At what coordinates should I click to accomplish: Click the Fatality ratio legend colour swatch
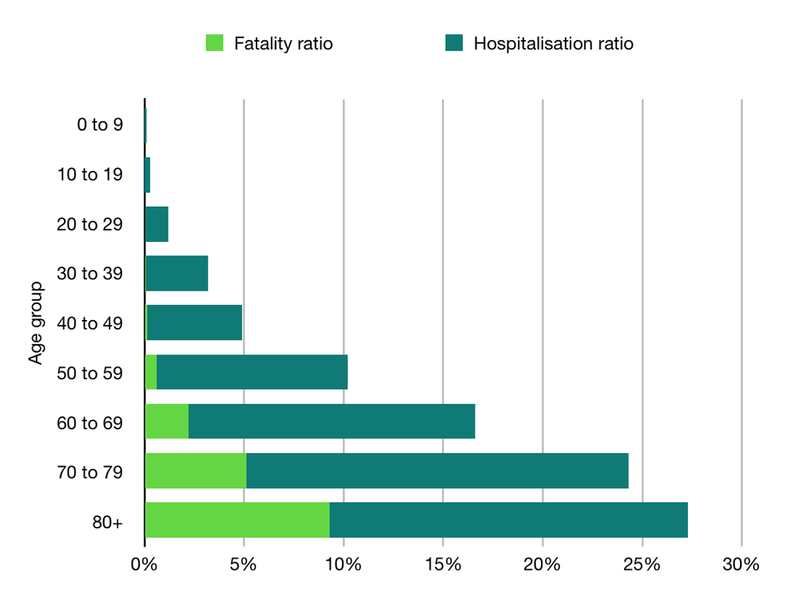[215, 43]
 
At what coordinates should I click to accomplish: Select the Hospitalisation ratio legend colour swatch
[454, 43]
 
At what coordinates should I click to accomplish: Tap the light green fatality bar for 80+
[237, 520]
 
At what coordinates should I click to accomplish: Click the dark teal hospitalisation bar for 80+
[508, 520]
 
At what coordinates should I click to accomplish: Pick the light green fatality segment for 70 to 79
[196, 471]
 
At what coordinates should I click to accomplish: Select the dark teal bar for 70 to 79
[437, 471]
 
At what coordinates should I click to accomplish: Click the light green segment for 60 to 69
[167, 421]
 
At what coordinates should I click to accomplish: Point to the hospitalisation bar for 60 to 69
[332, 421]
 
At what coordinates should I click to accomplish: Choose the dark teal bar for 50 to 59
[252, 372]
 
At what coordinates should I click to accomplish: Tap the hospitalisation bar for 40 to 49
[194, 322]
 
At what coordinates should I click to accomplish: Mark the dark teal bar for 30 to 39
[177, 273]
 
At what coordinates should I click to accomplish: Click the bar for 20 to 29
[157, 223]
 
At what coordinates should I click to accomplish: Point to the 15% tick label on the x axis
[443, 565]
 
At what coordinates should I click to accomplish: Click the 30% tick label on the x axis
[741, 565]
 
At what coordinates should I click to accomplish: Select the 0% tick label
[144, 565]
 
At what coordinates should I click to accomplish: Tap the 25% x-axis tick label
[642, 565]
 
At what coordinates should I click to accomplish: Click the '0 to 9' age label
[100, 125]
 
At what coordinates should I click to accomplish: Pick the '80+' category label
[107, 521]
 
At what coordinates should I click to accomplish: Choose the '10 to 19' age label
[90, 174]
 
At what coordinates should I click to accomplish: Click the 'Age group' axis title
[36, 323]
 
